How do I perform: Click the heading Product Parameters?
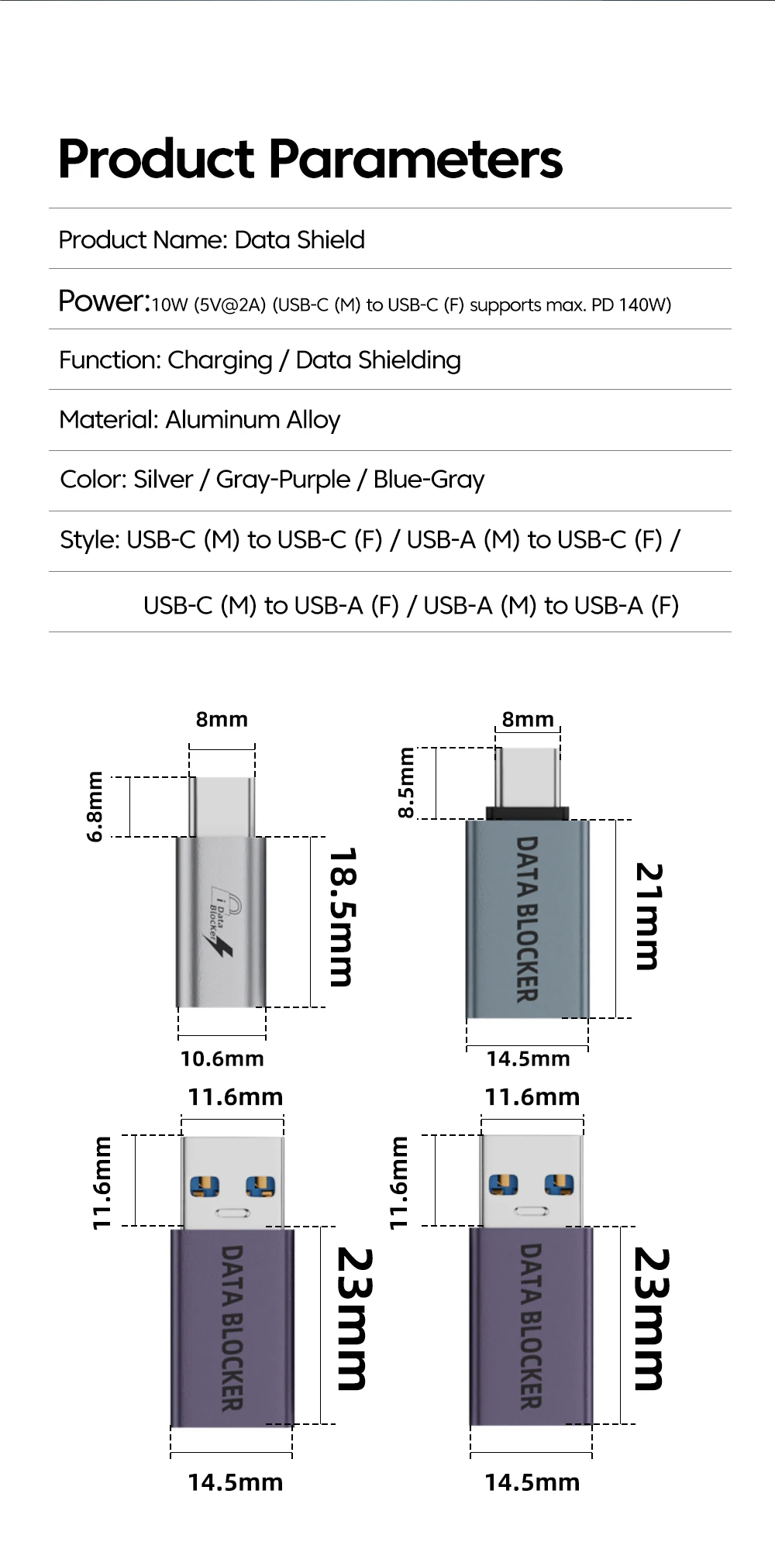click(310, 159)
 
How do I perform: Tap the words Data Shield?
click(299, 239)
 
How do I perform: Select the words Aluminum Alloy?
click(253, 420)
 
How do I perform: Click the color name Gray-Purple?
click(283, 480)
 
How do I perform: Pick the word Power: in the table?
click(104, 301)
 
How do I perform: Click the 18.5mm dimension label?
click(341, 917)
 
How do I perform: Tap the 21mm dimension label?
click(648, 917)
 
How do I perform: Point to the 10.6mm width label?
click(222, 1058)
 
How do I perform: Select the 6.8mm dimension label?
click(95, 806)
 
